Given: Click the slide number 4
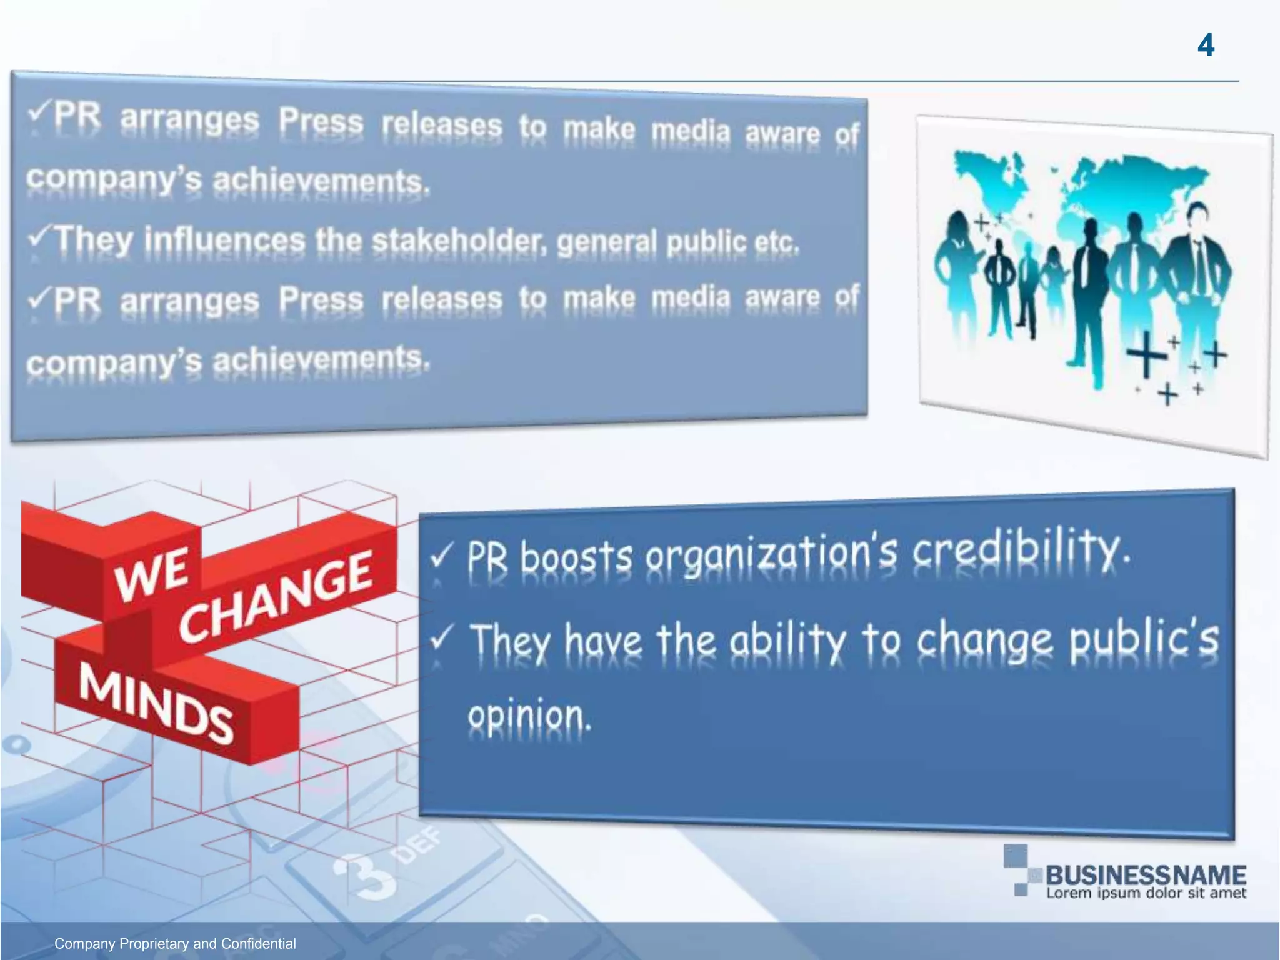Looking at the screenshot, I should click(x=1206, y=46).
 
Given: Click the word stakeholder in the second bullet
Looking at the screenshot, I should click(x=459, y=241).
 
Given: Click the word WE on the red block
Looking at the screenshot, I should click(x=151, y=574).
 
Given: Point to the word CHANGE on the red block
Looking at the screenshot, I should click(x=275, y=597).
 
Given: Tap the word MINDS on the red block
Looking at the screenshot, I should click(x=156, y=703).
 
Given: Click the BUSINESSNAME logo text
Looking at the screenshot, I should click(x=1146, y=874).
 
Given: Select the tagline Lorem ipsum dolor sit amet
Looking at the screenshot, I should click(x=1146, y=893).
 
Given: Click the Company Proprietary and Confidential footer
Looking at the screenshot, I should click(x=175, y=944).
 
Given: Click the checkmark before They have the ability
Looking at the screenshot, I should click(x=441, y=639).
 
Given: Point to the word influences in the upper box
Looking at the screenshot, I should click(x=225, y=241).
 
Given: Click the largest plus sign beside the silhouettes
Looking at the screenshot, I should click(x=1146, y=354).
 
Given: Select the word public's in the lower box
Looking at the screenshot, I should click(x=1144, y=639).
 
